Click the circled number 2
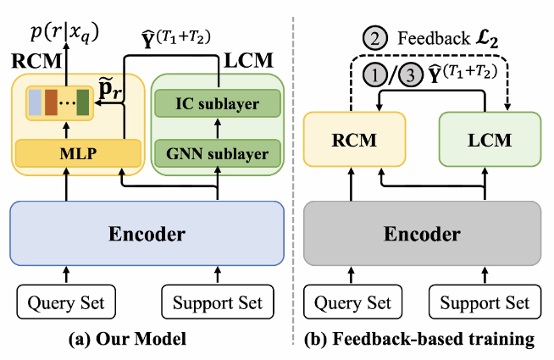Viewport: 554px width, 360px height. coord(374,38)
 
